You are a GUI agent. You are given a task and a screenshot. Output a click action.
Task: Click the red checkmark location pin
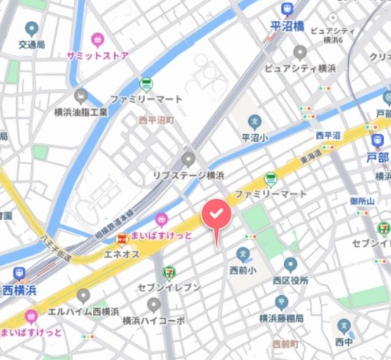tap(217, 215)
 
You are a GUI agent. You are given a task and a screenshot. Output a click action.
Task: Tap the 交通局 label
tap(31, 45)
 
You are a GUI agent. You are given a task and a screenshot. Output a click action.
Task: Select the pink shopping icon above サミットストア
tap(98, 40)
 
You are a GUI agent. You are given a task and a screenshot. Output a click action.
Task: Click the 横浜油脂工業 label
tap(81, 112)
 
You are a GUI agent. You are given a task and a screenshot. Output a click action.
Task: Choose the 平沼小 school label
tap(255, 137)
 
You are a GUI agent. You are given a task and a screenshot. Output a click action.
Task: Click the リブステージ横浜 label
tap(188, 175)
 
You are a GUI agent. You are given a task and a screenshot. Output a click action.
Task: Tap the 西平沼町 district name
tap(156, 120)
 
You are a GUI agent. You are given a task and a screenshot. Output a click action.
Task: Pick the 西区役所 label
tap(290, 281)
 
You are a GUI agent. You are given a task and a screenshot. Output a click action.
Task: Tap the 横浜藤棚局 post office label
tap(281, 317)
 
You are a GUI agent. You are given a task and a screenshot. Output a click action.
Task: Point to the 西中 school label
tap(344, 340)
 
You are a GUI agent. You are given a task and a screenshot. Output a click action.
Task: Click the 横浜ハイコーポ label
tap(153, 320)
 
